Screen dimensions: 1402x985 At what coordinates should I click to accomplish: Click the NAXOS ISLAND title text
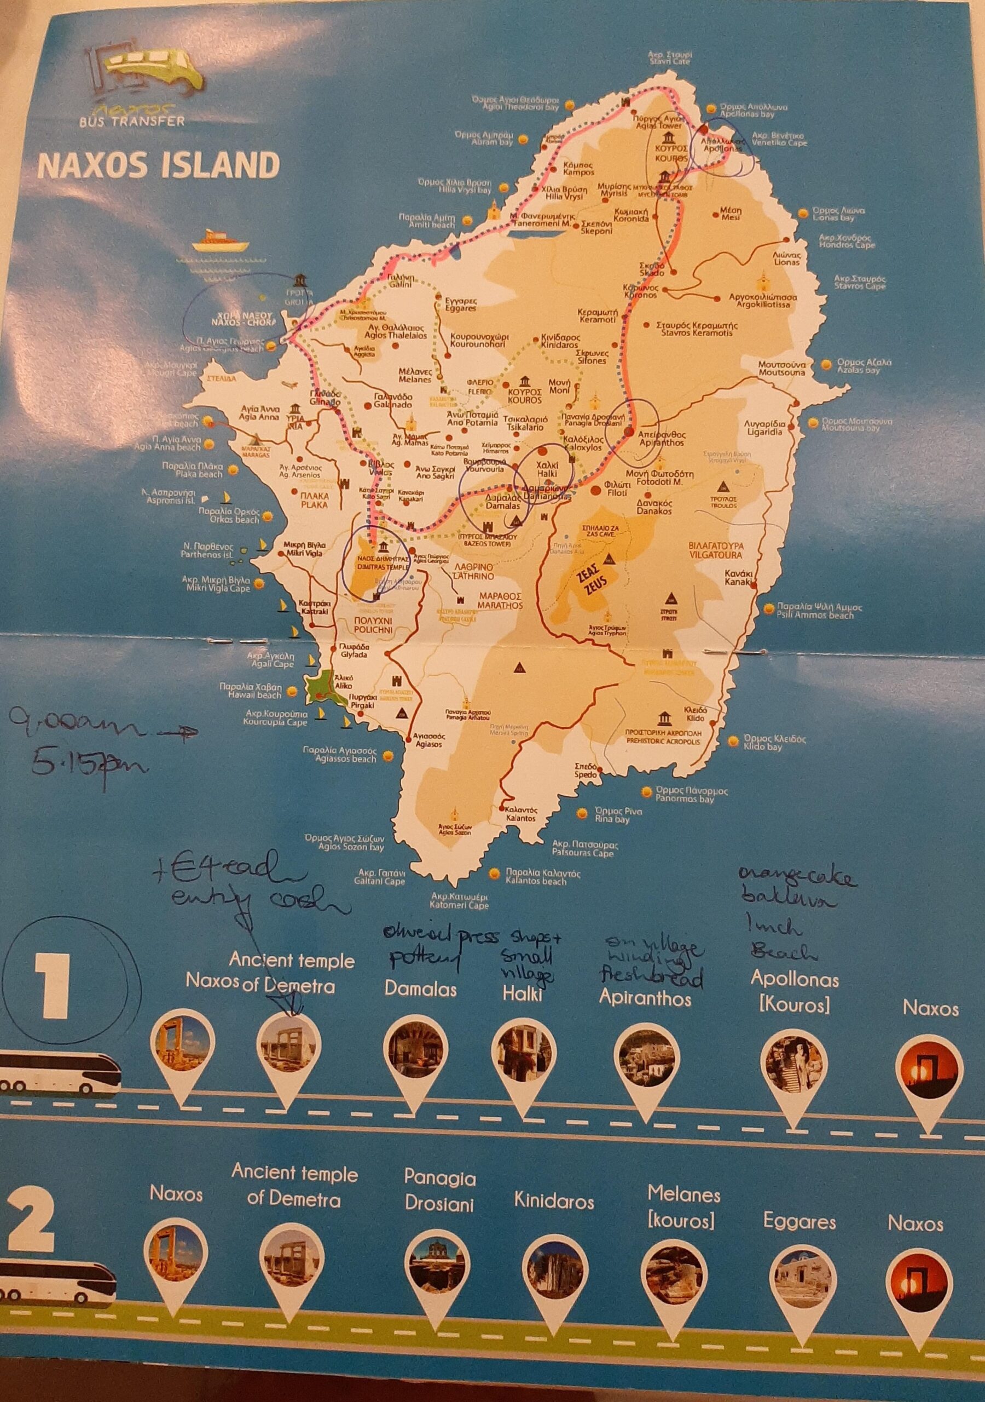159,165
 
